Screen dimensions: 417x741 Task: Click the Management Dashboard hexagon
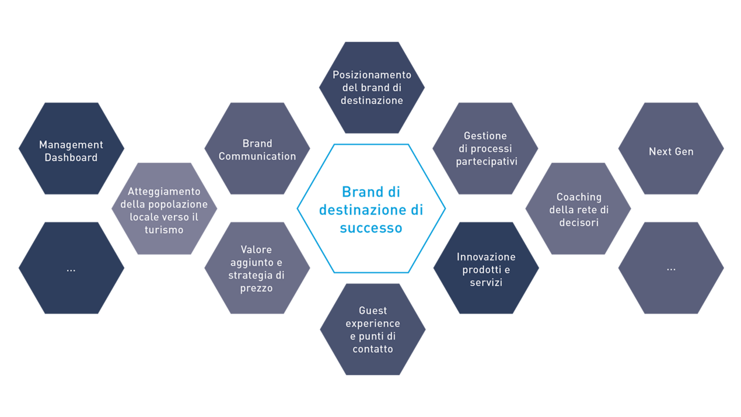point(71,148)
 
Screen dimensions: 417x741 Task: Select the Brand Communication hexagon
point(257,148)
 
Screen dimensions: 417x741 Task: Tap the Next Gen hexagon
point(671,149)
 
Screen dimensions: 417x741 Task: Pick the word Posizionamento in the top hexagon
point(372,75)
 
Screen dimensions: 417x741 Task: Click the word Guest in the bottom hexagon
point(373,311)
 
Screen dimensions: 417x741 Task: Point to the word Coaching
point(578,197)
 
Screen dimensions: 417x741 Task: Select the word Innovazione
point(486,257)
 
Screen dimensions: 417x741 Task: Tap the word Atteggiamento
point(164,192)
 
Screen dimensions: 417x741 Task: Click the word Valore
point(256,250)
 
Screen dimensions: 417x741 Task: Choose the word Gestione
point(485,136)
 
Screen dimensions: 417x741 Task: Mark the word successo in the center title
point(371,228)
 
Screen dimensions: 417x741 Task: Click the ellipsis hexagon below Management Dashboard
point(71,268)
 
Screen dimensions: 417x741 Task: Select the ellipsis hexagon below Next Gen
point(671,268)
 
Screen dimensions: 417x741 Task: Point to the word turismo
point(164,230)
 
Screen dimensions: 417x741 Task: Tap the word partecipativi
point(486,162)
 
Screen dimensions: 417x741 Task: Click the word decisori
point(578,223)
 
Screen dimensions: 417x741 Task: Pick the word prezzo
point(256,288)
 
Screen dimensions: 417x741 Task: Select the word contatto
point(372,349)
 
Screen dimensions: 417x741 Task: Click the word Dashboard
point(71,158)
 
